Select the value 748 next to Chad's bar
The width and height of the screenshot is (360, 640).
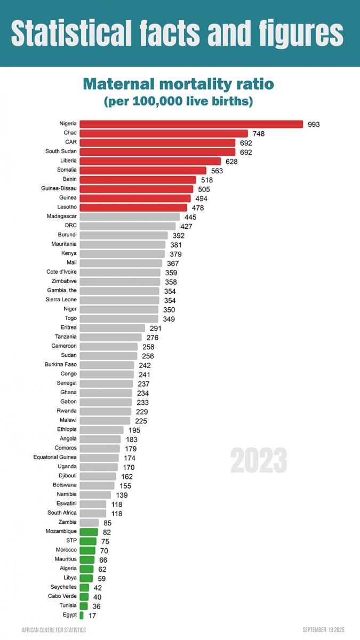tap(259, 133)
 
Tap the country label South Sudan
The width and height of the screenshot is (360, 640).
tap(61, 151)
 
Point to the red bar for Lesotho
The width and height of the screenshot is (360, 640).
tap(133, 207)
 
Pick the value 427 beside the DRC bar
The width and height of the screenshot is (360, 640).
tap(186, 226)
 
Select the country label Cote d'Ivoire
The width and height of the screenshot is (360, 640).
tap(61, 272)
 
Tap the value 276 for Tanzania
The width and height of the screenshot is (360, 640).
tap(153, 338)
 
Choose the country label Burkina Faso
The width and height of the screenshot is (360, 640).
tap(61, 364)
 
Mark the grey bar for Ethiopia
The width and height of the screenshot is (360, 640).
tap(101, 430)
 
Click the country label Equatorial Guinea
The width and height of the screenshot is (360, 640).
tap(55, 457)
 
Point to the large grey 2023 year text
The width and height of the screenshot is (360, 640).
tap(259, 460)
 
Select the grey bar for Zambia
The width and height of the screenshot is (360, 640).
tap(89, 523)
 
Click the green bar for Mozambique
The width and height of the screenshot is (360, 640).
tap(89, 532)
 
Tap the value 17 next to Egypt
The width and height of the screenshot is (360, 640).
tap(92, 615)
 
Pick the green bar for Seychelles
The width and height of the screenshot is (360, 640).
tap(84, 587)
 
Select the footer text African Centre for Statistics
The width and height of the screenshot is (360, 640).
tap(54, 630)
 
